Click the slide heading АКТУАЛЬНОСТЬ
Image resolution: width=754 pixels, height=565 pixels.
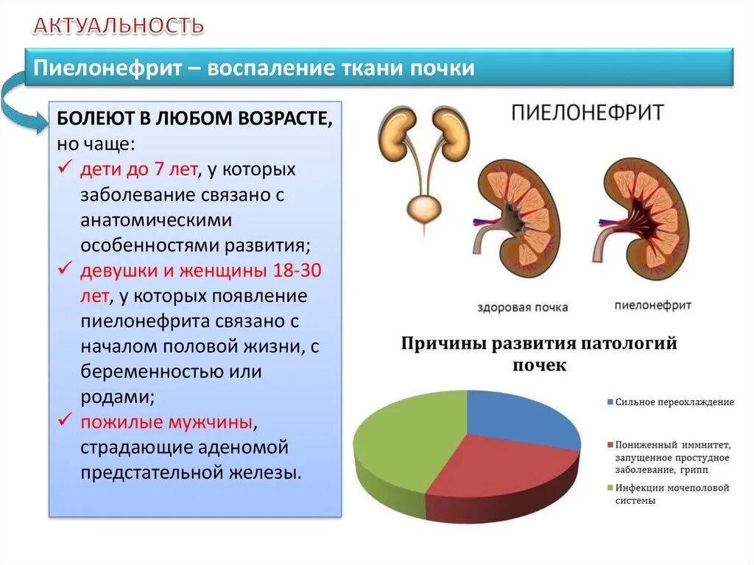click(119, 27)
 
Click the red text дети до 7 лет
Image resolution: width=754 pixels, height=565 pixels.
click(138, 169)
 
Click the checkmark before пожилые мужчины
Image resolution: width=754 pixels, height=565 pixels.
click(67, 421)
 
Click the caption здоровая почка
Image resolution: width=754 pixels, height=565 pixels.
click(523, 307)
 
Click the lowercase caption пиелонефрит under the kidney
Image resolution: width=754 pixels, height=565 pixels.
click(652, 304)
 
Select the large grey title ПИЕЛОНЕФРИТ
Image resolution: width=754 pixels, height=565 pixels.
click(588, 113)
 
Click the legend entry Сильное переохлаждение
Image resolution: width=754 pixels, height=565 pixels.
click(674, 402)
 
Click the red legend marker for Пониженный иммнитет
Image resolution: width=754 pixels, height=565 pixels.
click(610, 445)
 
